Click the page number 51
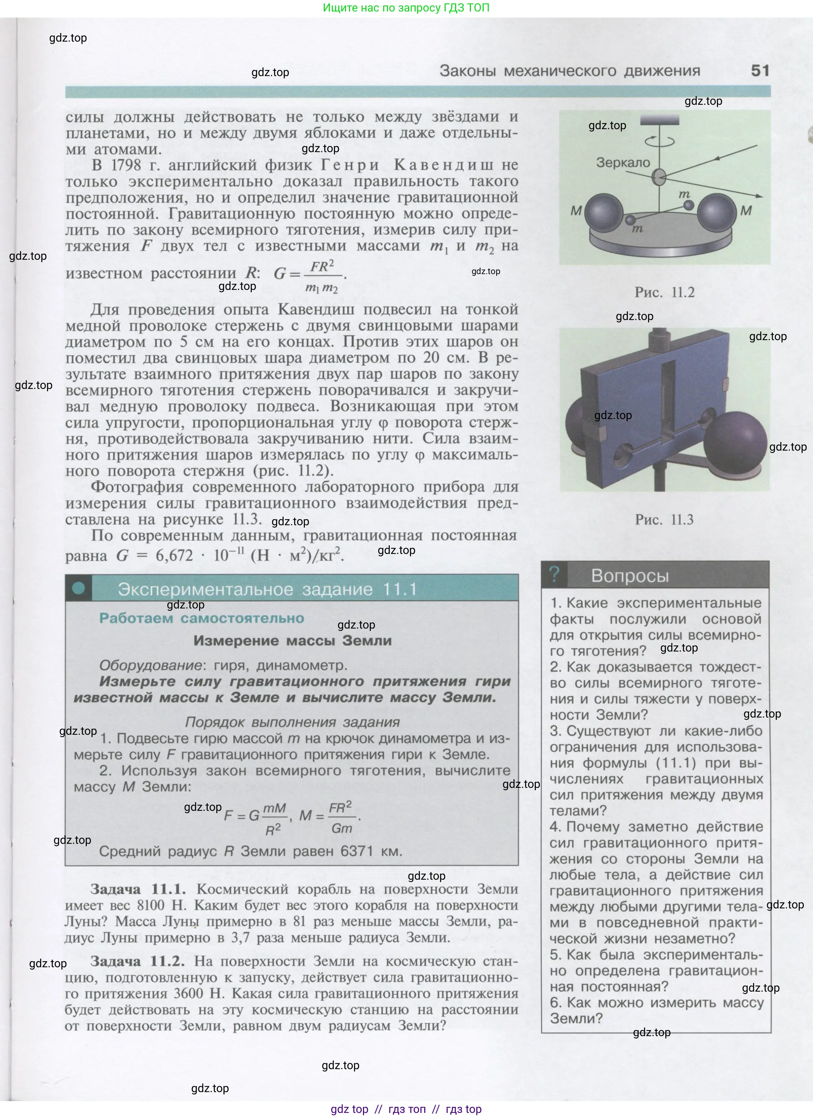tap(760, 71)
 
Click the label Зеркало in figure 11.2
tap(623, 162)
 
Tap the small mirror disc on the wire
tap(659, 177)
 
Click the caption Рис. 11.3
tap(664, 519)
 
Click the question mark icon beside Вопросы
tap(554, 574)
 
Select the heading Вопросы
tap(630, 576)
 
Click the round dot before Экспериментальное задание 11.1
tap(79, 588)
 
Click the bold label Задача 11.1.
tap(138, 889)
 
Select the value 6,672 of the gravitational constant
tap(174, 555)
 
